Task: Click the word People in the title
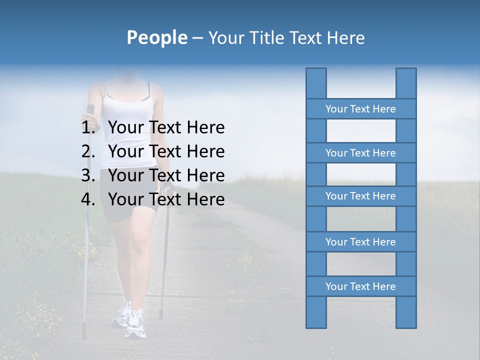[157, 37]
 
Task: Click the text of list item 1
[166, 127]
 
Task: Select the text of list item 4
[166, 199]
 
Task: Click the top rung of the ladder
[360, 109]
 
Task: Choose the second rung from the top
[360, 153]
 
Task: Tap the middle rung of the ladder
[360, 196]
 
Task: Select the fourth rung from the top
[360, 242]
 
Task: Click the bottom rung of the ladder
[360, 286]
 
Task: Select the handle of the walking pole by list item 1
[90, 109]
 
